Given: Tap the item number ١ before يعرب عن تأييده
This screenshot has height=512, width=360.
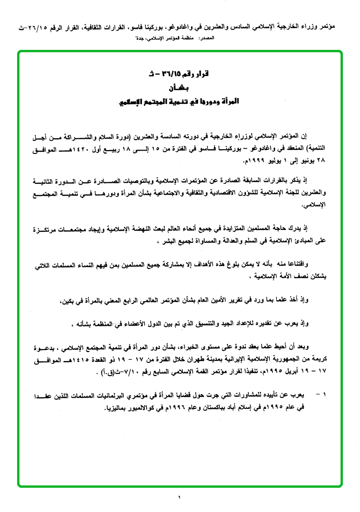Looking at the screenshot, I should coord(324,395).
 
